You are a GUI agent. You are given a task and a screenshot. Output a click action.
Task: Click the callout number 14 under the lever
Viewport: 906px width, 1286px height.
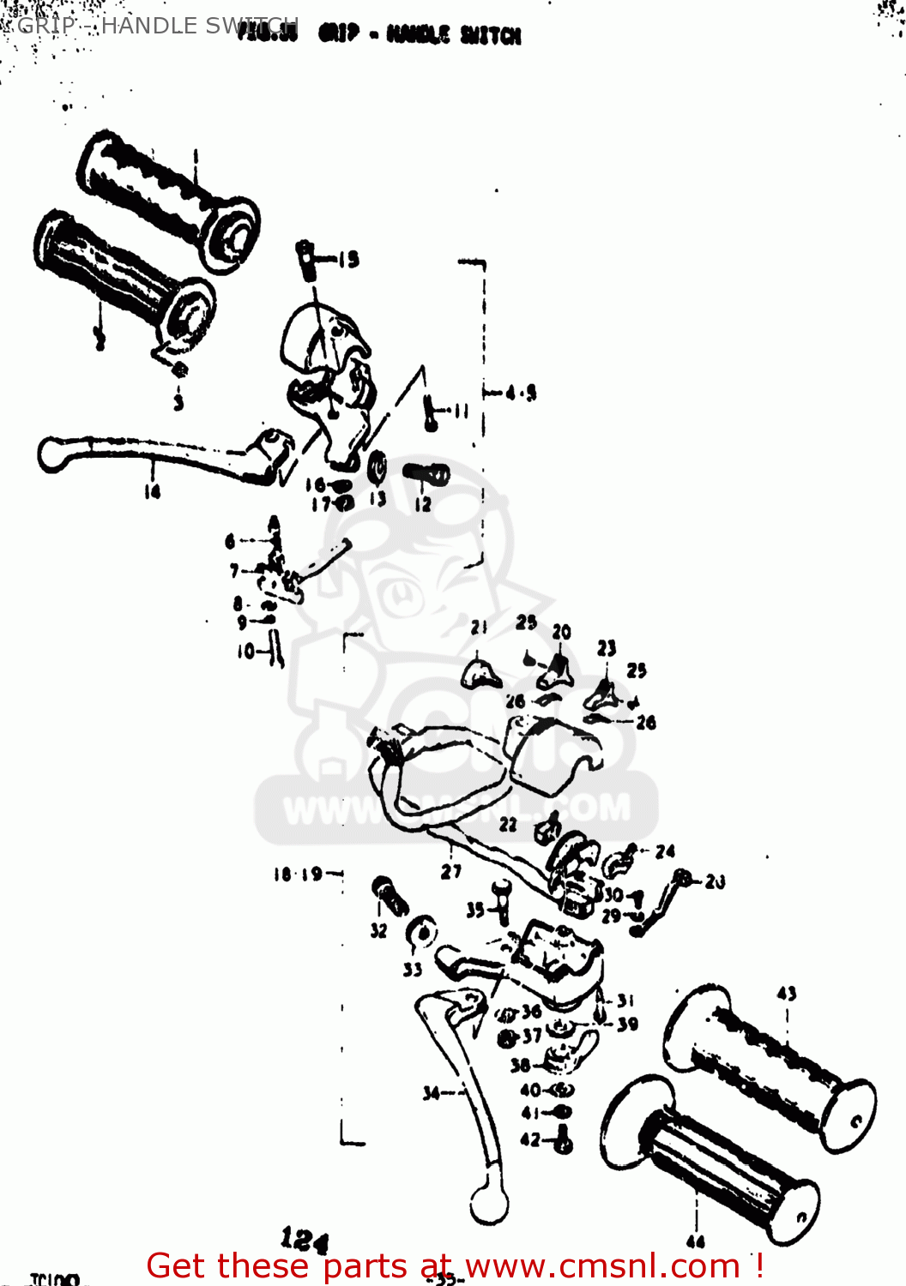coord(152,491)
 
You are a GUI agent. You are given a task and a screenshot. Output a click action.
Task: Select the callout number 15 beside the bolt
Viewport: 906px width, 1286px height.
coord(348,259)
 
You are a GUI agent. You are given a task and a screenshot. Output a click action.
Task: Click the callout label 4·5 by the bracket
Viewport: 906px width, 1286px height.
coord(521,393)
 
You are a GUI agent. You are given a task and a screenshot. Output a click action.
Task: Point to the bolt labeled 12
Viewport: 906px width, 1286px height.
coord(427,473)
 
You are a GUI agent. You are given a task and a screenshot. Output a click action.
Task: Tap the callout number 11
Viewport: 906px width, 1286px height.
coord(462,411)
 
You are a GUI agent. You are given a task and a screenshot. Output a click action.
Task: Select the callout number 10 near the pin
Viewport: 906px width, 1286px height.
coord(246,652)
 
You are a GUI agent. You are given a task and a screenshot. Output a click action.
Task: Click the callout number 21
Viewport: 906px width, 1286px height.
coord(479,627)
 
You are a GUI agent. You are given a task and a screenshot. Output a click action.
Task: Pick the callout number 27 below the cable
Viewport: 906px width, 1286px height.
coord(451,871)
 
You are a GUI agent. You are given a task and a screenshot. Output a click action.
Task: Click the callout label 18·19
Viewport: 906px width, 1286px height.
coord(298,874)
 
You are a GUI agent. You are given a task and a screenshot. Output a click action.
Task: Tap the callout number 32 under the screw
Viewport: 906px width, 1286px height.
coord(378,930)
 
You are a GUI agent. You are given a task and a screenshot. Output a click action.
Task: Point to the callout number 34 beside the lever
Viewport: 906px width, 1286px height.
coord(432,1092)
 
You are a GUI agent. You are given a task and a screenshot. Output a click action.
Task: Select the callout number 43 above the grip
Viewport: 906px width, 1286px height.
coord(786,993)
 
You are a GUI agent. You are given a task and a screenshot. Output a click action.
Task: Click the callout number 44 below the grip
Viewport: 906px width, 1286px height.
coord(696,1241)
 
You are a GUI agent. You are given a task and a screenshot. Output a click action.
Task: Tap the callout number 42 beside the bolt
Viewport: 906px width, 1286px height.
coord(530,1139)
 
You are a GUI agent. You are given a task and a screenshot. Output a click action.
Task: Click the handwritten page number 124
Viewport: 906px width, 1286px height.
coord(304,1239)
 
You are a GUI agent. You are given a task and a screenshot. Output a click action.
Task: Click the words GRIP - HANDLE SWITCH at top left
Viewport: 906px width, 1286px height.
coord(154,26)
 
